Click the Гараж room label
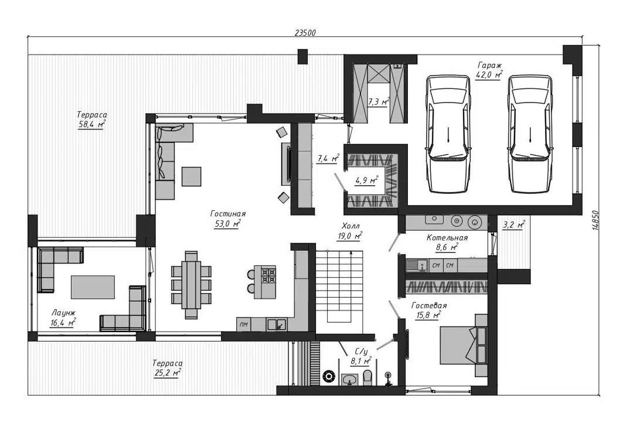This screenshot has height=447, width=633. [489, 65]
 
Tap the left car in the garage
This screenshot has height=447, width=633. [448, 134]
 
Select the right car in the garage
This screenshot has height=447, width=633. [530, 134]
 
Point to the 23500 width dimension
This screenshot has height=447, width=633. [305, 33]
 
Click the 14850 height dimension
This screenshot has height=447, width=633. [595, 220]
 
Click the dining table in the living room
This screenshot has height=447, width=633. [191, 285]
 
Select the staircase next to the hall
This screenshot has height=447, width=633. [339, 286]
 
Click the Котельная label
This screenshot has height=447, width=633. [447, 238]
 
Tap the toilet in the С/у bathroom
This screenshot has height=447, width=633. [367, 377]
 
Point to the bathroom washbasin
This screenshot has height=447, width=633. [349, 379]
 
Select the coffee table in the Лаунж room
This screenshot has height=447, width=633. [93, 287]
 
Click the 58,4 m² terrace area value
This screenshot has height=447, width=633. [91, 125]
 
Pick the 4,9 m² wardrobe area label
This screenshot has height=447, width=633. [366, 180]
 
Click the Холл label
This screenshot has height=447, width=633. [350, 226]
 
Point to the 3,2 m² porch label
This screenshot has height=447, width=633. [513, 225]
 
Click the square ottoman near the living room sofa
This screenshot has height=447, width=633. [191, 176]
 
